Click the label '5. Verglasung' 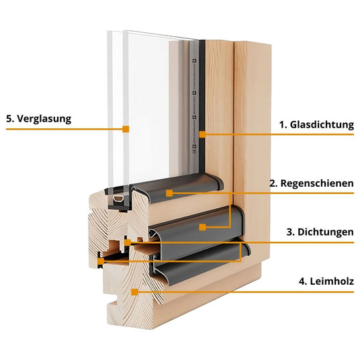(38, 119)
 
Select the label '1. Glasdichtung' (316, 125)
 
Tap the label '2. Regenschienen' (312, 183)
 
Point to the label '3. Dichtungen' (320, 232)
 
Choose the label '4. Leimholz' (326, 281)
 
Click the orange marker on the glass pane (126, 129)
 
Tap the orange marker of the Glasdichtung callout (202, 134)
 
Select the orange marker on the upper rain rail (169, 193)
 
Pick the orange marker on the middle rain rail (202, 227)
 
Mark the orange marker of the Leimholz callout (134, 292)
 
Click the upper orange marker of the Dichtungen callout (128, 242)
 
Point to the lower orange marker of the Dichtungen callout (101, 261)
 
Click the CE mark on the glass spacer (194, 151)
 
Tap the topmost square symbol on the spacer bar (194, 61)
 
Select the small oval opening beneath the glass (119, 199)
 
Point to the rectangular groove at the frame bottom (113, 306)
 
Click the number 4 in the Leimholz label (302, 281)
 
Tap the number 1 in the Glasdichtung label (281, 125)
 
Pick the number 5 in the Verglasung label (9, 119)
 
